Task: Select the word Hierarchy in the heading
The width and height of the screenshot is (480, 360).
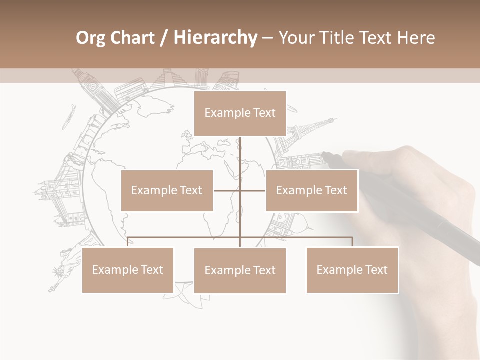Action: coord(215,38)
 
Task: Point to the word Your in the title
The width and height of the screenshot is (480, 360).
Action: coord(296,38)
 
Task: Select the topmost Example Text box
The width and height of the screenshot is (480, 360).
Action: coord(240,113)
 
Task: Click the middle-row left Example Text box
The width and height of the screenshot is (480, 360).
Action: coord(167,190)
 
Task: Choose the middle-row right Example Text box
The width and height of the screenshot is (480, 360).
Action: coord(311,190)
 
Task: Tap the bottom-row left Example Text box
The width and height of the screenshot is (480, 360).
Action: coord(128,270)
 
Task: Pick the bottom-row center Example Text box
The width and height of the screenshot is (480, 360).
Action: coord(240,270)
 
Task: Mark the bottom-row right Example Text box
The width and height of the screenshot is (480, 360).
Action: coord(352,270)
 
